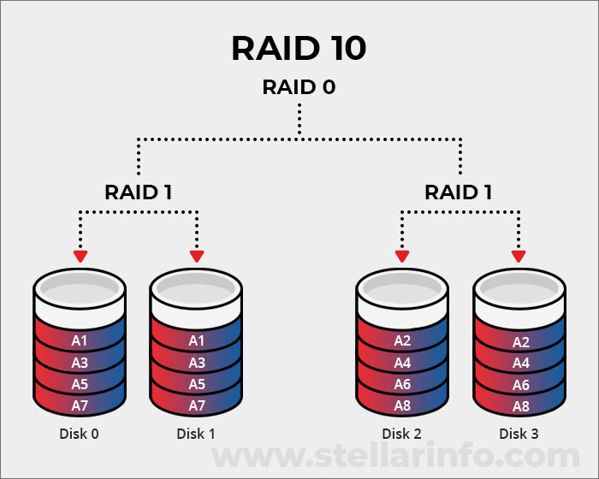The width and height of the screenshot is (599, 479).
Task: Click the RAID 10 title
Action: coord(299,49)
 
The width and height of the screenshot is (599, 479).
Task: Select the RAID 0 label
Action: coord(299,87)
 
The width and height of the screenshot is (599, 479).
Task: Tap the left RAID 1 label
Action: coord(139,192)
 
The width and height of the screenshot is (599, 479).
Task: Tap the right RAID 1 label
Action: coord(459,192)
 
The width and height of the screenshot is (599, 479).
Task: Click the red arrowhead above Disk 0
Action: coord(80,256)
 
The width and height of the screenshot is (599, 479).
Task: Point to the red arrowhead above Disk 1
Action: coord(197,256)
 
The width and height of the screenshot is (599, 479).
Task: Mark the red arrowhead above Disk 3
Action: coord(518,256)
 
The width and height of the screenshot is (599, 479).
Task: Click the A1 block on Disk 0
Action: coord(80,341)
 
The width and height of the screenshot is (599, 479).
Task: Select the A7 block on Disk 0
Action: coord(80,405)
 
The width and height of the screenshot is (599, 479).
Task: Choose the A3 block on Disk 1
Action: coord(197,363)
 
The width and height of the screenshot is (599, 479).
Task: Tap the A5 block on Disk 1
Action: coord(197,384)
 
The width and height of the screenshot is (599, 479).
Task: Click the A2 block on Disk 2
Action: coord(402,341)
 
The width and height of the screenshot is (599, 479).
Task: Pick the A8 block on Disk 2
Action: coord(402,405)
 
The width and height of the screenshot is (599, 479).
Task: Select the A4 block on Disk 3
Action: coord(519,363)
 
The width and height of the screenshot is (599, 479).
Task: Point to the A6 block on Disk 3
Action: coord(519,384)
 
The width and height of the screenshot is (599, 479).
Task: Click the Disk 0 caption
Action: coord(79,434)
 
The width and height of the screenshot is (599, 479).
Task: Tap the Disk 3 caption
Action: coord(519,434)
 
